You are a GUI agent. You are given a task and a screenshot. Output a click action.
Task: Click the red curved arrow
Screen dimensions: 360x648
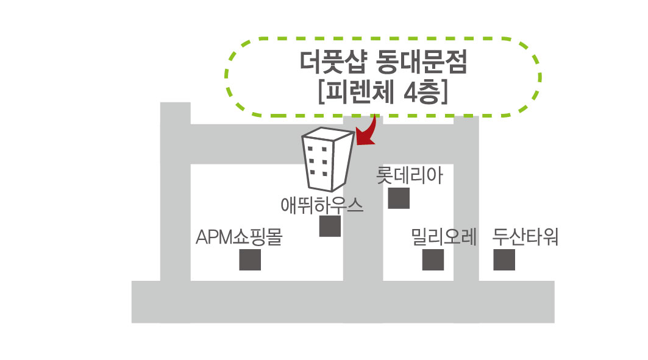click(x=367, y=132)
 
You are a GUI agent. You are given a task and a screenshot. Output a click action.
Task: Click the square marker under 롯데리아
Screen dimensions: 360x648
click(x=399, y=199)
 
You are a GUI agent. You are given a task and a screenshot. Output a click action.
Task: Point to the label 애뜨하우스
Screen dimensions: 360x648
click(x=322, y=205)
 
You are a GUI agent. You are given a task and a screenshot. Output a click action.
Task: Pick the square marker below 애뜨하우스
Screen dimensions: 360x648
click(x=330, y=226)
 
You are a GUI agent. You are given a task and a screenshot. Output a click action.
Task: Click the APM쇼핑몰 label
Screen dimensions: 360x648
click(x=238, y=237)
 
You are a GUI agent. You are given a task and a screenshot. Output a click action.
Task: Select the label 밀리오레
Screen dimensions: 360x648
click(x=443, y=236)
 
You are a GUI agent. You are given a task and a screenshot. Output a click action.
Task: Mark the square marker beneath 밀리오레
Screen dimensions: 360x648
click(x=433, y=260)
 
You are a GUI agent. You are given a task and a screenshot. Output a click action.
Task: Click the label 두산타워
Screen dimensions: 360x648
click(x=525, y=236)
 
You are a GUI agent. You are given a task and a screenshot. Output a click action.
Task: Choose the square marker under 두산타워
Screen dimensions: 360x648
click(x=504, y=260)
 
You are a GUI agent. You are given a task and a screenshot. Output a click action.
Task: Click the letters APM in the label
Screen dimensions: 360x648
click(x=214, y=238)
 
